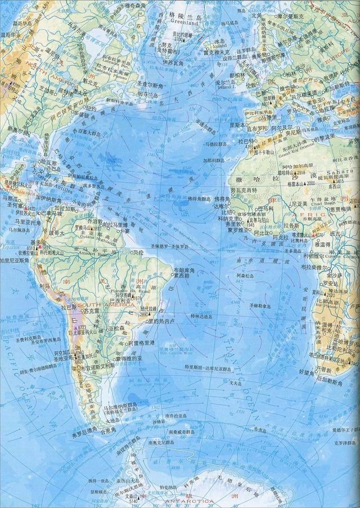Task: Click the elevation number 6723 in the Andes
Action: pos(80,326)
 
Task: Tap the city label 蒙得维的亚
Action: pos(129,358)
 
